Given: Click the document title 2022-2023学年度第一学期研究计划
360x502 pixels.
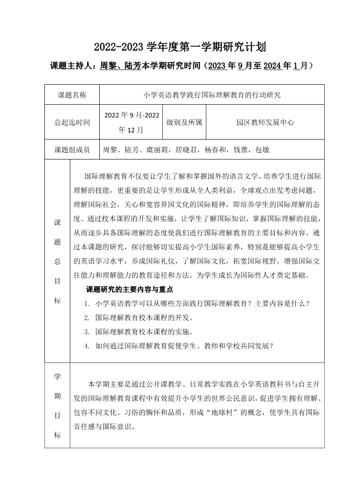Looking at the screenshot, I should [x=180, y=46].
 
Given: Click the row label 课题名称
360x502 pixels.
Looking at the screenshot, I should [x=72, y=95].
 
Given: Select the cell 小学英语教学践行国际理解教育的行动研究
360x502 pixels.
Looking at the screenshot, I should [x=212, y=95].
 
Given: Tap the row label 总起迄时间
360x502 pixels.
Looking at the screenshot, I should [x=72, y=122].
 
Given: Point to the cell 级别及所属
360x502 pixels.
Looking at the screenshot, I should [x=184, y=122].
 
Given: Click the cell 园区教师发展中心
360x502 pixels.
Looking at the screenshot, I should [x=265, y=122].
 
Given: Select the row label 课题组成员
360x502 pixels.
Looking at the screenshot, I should [x=72, y=150].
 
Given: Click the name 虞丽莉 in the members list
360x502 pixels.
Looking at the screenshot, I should [x=153, y=150].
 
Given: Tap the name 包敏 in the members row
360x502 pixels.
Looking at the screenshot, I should [x=263, y=150].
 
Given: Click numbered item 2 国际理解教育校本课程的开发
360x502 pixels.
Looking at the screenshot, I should [x=144, y=317].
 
